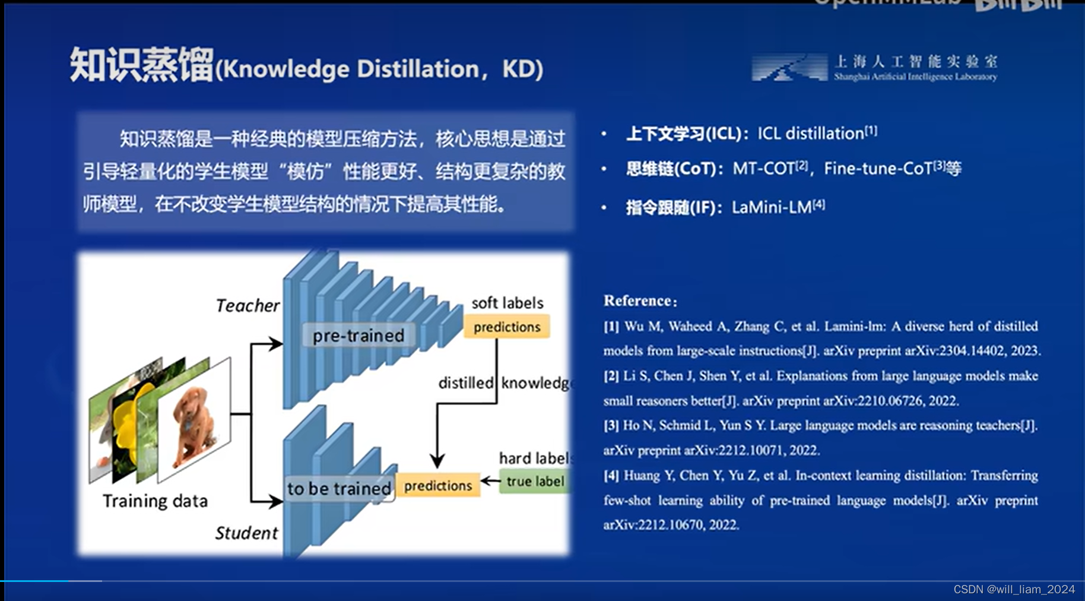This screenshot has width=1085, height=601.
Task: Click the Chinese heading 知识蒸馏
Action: (141, 65)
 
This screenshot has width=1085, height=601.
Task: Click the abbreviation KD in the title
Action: (519, 69)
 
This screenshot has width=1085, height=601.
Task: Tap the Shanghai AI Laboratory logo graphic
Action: (789, 68)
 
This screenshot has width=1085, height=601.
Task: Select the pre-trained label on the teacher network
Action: (358, 336)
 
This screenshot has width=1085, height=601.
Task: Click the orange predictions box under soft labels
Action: (506, 327)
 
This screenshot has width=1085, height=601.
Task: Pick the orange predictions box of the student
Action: (438, 486)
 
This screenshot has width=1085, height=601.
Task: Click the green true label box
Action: (534, 481)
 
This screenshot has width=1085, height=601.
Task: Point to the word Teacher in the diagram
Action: (248, 306)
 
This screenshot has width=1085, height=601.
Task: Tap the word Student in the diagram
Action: (246, 533)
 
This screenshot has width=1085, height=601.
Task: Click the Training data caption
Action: (155, 501)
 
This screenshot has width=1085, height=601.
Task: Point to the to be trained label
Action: (339, 489)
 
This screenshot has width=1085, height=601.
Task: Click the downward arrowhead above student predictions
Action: (437, 461)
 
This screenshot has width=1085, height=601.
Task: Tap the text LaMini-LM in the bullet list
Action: (771, 207)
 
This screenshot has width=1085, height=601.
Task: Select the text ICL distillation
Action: (810, 134)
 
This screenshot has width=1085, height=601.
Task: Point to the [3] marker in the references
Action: (611, 425)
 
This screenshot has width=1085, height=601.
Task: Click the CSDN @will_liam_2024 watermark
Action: (1014, 589)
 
